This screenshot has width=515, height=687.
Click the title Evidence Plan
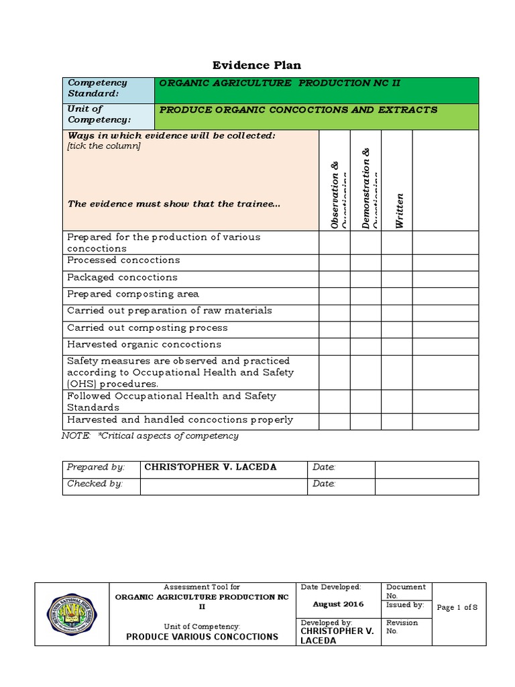click(x=257, y=65)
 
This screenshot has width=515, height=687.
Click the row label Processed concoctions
click(x=123, y=260)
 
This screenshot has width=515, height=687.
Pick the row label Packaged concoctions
click(x=122, y=277)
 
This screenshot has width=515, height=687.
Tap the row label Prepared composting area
click(x=133, y=294)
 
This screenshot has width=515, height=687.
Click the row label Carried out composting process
click(x=147, y=327)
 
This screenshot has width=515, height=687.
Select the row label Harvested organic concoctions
click(x=144, y=344)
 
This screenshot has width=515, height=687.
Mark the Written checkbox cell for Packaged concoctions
click(x=396, y=278)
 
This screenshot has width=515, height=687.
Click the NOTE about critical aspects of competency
click(x=150, y=436)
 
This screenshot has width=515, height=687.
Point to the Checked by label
click(x=95, y=484)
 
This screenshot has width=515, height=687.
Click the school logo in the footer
click(x=72, y=613)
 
